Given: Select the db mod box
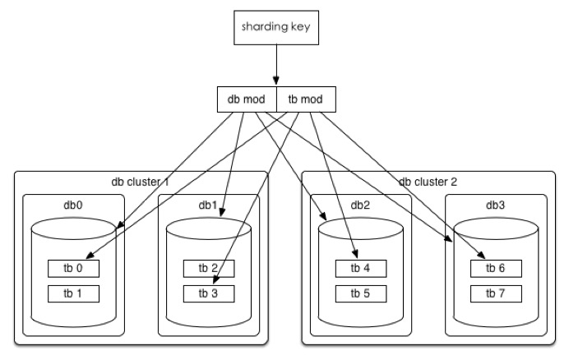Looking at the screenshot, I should coord(246,99).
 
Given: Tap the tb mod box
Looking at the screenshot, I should coord(306,99).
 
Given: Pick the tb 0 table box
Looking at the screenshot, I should coord(73,268).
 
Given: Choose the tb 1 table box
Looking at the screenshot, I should coord(73,293).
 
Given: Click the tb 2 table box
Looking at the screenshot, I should coord(209,268).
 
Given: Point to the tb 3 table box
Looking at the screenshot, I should coord(209,293).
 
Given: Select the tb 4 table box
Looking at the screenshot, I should coord(359,268).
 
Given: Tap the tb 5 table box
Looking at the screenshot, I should coord(359,293).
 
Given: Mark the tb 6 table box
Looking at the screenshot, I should coord(496,268).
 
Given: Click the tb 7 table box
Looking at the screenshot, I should coord(496,293).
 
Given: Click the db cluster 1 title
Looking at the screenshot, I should coord(140,182).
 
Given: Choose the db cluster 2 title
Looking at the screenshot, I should coord(428,182).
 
